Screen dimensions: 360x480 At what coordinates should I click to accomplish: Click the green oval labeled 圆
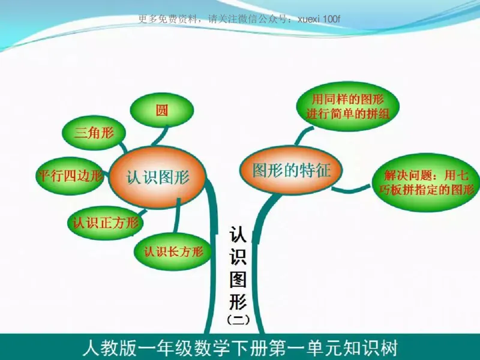pos(162,110)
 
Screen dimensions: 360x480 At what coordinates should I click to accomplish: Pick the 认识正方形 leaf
pos(106,223)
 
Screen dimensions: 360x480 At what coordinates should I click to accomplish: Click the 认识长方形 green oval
pos(173,251)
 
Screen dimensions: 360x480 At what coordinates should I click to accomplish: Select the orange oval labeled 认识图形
pos(158,177)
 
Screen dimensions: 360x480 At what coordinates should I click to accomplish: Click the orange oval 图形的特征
pos(291,170)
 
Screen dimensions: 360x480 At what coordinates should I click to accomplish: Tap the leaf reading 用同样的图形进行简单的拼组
pos(348,106)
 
